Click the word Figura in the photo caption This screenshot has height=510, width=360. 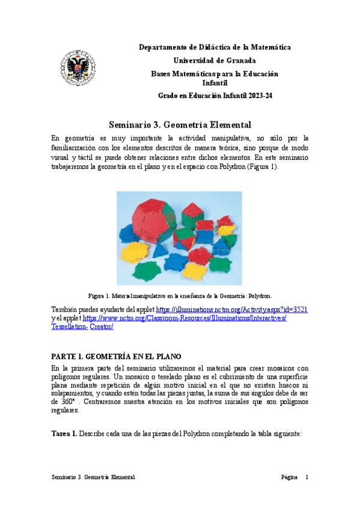(97, 296)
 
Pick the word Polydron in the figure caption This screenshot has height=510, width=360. (261, 296)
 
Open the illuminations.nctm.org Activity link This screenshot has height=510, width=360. (232, 309)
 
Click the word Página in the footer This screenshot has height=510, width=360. (289, 477)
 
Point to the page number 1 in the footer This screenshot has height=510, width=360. (307, 477)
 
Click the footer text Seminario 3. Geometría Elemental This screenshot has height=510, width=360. (93, 477)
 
